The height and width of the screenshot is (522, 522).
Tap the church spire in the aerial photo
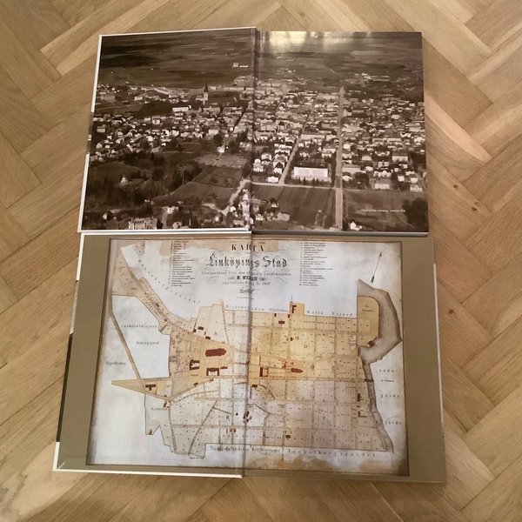pyautogui.click(x=205, y=92)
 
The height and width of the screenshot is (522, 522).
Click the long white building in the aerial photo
pyautogui.click(x=310, y=172)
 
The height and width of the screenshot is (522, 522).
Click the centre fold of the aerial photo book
pyautogui.click(x=253, y=130)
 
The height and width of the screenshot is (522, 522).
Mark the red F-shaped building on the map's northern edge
pyautogui.click(x=296, y=308)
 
